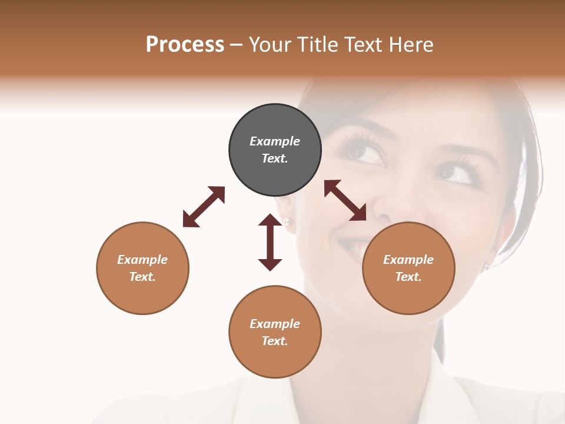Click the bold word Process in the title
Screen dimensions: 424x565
coord(185,45)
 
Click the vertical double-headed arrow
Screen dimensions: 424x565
coord(270,242)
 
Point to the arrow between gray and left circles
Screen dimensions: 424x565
coord(204,207)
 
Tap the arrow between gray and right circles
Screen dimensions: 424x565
coord(345,200)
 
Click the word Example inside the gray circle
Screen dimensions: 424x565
coord(275,141)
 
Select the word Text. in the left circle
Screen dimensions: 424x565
coord(142,277)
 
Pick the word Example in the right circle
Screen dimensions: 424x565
coord(408,260)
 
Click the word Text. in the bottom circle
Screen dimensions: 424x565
coord(275,341)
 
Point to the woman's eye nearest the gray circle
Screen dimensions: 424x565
coord(364,152)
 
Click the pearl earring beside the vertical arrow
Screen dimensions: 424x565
coord(287,221)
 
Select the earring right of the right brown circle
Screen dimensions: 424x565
coord(486,266)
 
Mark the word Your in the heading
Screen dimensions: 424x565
coord(271,45)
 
